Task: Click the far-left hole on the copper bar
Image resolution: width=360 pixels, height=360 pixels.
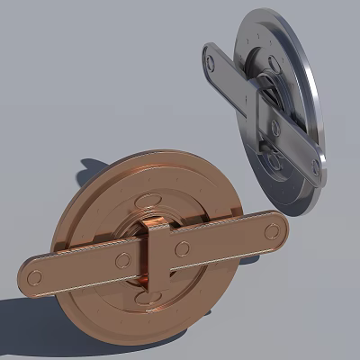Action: tap(35, 278)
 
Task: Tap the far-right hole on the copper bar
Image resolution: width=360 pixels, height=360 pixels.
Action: tap(271, 231)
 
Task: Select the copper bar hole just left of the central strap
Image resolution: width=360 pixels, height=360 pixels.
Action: tap(119, 262)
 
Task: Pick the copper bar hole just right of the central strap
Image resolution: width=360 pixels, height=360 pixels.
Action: tap(183, 249)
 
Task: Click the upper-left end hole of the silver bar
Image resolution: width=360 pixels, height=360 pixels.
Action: tap(210, 62)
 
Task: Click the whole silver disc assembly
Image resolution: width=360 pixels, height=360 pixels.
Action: tap(265, 108)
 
